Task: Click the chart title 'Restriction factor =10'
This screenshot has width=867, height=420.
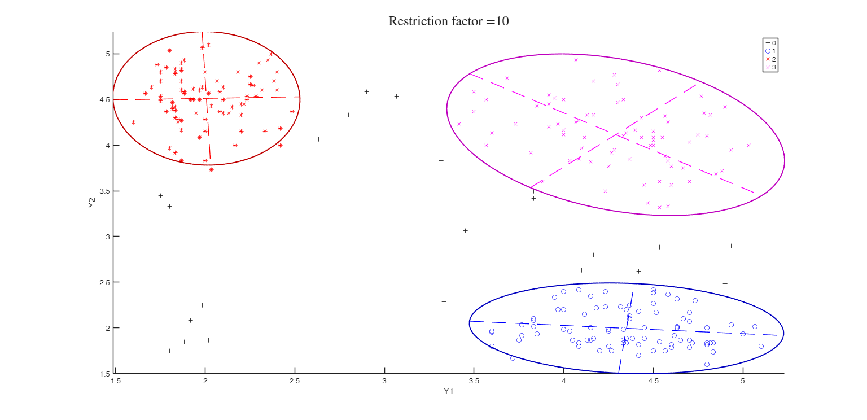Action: [x=449, y=21]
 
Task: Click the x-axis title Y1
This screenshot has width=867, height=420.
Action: [x=449, y=391]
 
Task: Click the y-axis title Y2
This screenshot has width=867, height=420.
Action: [x=91, y=203]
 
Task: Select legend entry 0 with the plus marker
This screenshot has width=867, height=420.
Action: [x=771, y=42]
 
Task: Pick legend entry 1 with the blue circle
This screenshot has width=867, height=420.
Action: [x=771, y=51]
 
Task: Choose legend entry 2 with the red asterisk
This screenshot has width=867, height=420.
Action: [x=771, y=59]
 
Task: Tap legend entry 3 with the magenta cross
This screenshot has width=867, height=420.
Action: [x=771, y=67]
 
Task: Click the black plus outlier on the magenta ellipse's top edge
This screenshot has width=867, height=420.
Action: [x=707, y=80]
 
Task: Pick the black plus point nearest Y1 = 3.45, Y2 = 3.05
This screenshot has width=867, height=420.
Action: [x=465, y=230]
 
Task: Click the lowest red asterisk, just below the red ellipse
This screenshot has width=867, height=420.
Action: [x=211, y=169]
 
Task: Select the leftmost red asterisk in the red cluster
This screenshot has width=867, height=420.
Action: [x=133, y=122]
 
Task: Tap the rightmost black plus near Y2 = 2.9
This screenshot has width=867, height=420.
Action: [x=731, y=246]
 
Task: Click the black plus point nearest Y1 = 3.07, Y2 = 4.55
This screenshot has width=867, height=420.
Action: [x=396, y=96]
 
